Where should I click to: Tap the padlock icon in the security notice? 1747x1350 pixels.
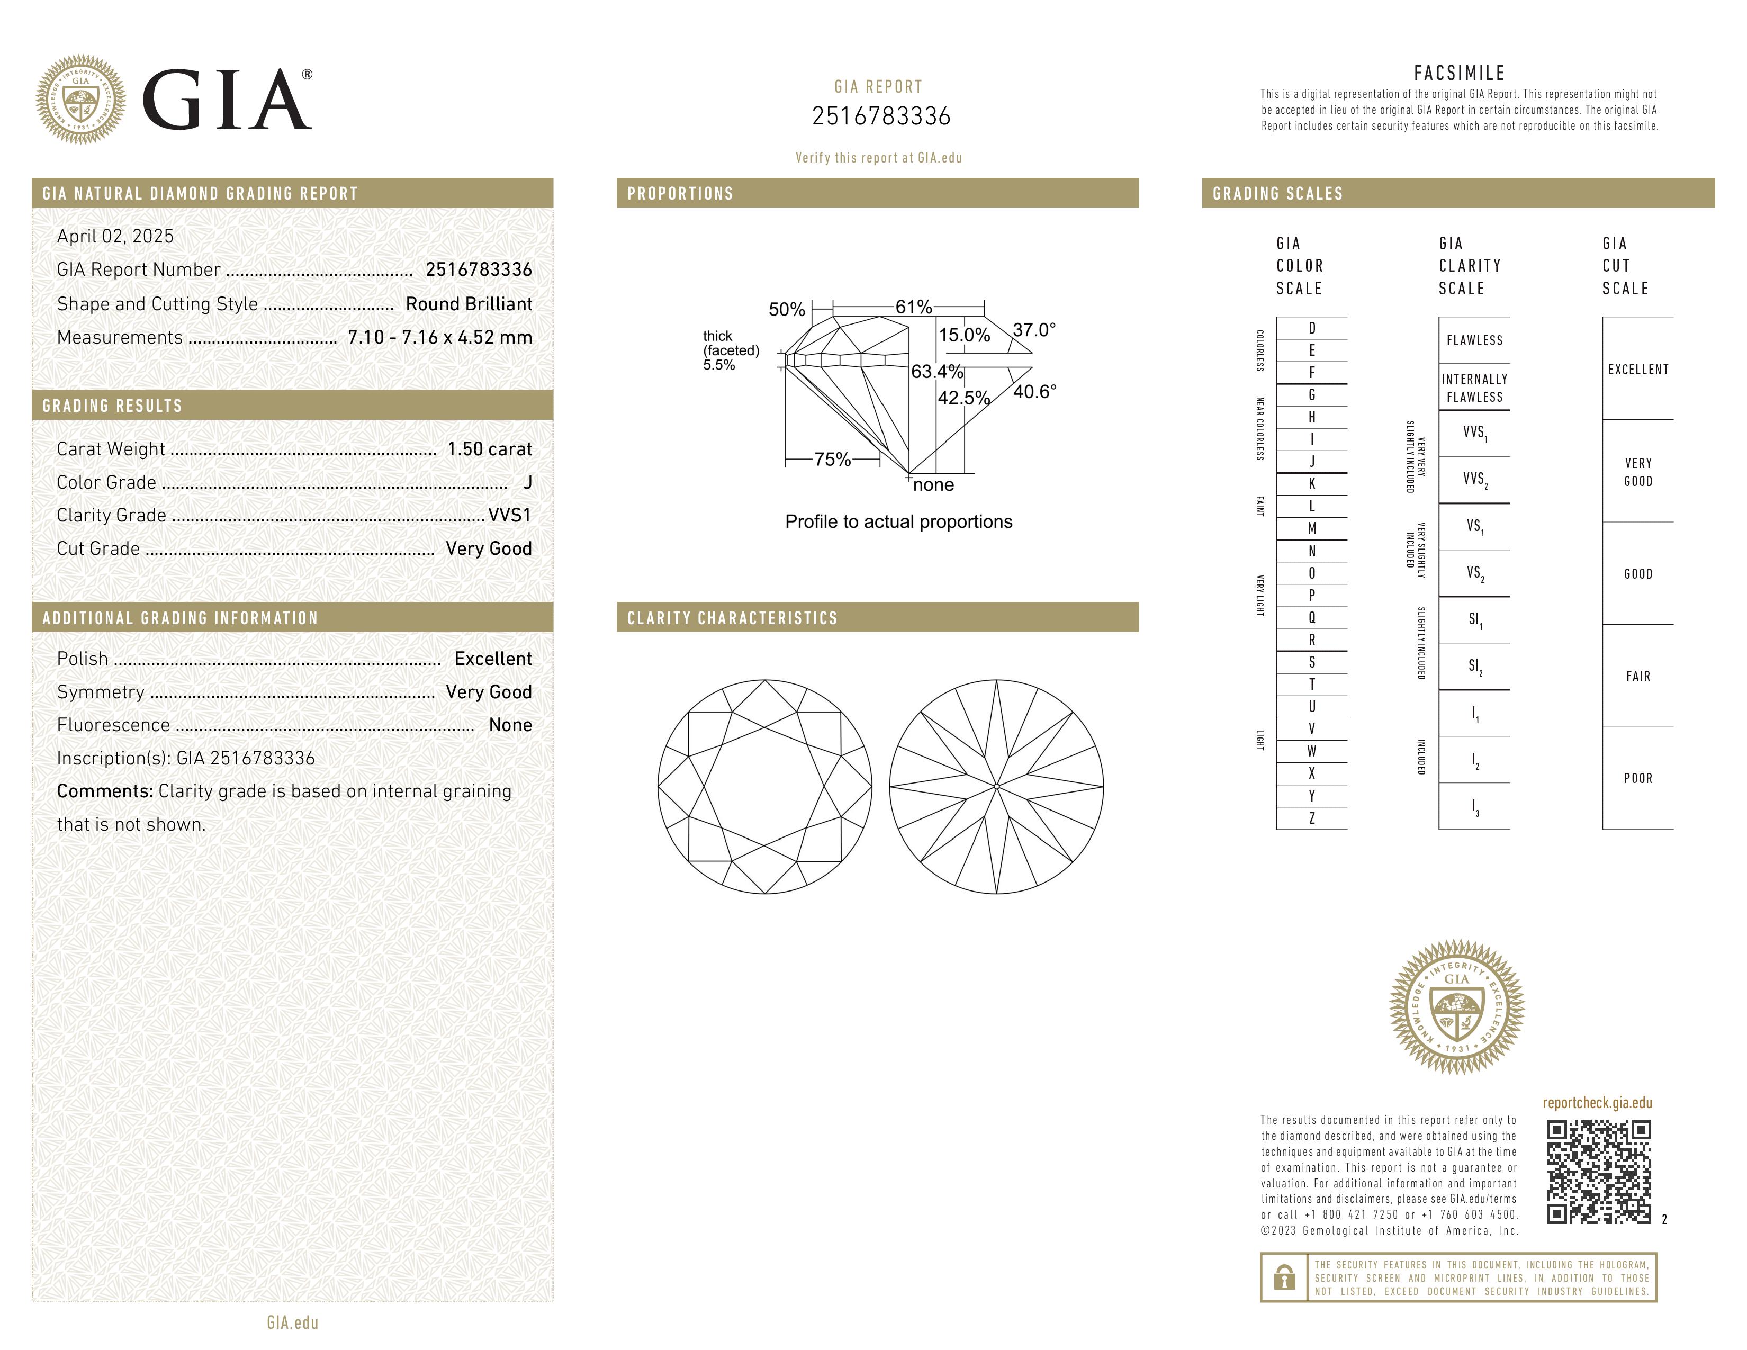[x=1284, y=1277]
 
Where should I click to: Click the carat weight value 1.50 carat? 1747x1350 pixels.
[x=489, y=449]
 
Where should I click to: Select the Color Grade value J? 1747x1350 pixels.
[x=527, y=482]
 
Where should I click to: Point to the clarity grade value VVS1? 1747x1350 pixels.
[x=509, y=516]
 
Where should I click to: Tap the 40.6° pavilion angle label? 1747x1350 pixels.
[x=1034, y=392]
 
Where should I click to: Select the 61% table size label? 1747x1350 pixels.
[x=914, y=307]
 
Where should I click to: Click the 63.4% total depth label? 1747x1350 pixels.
[x=936, y=372]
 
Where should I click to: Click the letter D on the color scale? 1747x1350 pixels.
[x=1312, y=328]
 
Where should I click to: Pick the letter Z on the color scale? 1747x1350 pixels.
[x=1312, y=818]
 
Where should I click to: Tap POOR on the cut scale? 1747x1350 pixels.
[x=1637, y=778]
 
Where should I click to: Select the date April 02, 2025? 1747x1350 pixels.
[x=115, y=237]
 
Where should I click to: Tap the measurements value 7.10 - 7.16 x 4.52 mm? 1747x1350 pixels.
[x=440, y=338]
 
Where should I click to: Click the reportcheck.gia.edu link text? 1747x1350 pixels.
[x=1597, y=1103]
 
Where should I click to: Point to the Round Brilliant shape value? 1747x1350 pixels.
[x=469, y=304]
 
